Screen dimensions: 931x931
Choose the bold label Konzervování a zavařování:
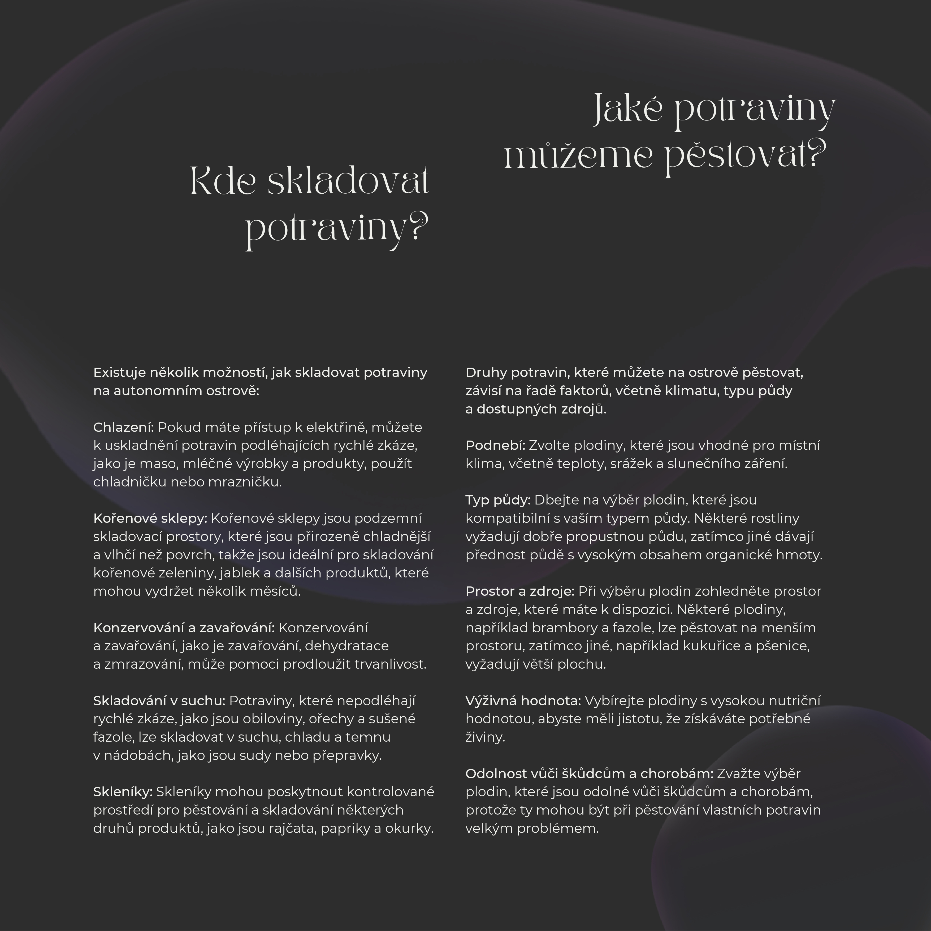click(x=184, y=627)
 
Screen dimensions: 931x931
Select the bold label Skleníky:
click(x=123, y=791)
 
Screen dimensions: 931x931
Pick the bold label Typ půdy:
click(x=497, y=500)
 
